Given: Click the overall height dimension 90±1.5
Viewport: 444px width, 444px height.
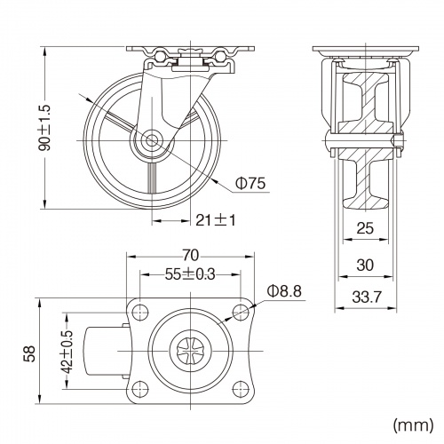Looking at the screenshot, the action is pyautogui.click(x=46, y=128).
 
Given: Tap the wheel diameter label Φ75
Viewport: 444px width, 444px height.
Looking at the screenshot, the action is pyautogui.click(x=250, y=183).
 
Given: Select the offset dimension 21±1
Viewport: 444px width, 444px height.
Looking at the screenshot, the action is pyautogui.click(x=216, y=220).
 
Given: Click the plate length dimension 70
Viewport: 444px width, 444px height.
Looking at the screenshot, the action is pyautogui.click(x=190, y=256).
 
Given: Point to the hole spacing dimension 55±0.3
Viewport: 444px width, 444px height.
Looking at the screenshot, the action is pyautogui.click(x=190, y=274).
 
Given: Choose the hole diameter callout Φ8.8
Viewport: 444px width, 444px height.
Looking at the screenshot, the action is pyautogui.click(x=284, y=291).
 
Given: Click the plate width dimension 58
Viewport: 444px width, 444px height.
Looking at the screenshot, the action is pyautogui.click(x=30, y=353).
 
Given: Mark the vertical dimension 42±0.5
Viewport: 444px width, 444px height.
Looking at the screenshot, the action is pyautogui.click(x=67, y=352).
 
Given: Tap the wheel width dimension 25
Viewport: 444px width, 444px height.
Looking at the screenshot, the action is pyautogui.click(x=365, y=228).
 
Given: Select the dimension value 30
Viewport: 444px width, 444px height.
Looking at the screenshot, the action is pyautogui.click(x=365, y=265).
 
